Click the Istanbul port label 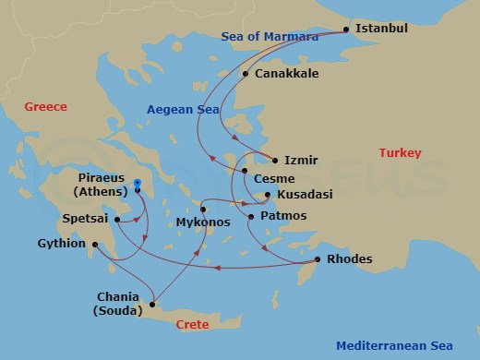click(382, 29)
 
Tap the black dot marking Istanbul click(347, 30)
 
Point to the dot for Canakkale click(246, 74)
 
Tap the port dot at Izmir click(275, 160)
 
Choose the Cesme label click(275, 177)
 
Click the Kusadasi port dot click(268, 195)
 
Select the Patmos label click(283, 216)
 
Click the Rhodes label click(350, 258)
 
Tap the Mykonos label click(202, 222)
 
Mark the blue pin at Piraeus click(137, 184)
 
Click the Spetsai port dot click(117, 220)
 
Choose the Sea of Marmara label click(270, 36)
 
